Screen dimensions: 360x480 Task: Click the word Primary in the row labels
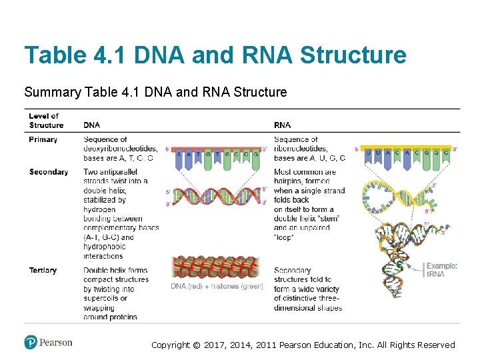pos(43,139)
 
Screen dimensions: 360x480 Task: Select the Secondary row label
pos(48,172)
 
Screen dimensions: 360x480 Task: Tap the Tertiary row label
pos(43,270)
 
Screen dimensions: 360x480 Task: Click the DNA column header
pos(93,125)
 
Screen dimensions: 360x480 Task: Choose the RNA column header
pos(282,125)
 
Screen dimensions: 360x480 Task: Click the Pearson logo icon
pos(31,343)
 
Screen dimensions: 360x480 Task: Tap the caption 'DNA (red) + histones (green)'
pos(217,287)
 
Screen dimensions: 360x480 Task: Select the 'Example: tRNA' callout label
pos(441,270)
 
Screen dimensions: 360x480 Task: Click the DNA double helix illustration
pos(217,196)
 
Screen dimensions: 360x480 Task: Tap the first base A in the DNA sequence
pos(179,155)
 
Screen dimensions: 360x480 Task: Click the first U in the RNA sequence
pos(369,152)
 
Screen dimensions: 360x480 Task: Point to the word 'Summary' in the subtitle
pos(53,92)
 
